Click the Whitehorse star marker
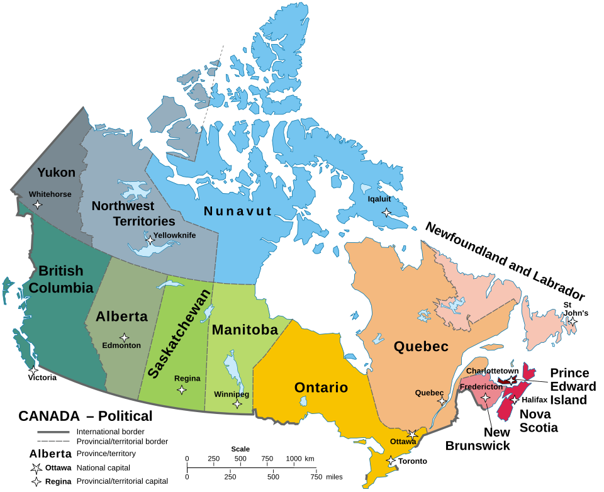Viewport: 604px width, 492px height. pyautogui.click(x=38, y=204)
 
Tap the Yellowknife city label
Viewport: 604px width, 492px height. pyautogui.click(x=174, y=235)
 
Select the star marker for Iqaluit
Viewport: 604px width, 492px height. pyautogui.click(x=386, y=213)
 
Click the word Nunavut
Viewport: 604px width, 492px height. pyautogui.click(x=238, y=211)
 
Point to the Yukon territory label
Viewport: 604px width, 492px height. pyautogui.click(x=56, y=172)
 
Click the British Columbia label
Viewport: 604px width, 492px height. pyautogui.click(x=61, y=279)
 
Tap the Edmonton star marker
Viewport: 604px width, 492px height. pyautogui.click(x=125, y=338)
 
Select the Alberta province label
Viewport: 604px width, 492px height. pyautogui.click(x=121, y=316)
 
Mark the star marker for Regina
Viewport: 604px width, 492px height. pyautogui.click(x=182, y=390)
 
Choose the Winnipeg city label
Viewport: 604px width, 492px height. pyautogui.click(x=232, y=394)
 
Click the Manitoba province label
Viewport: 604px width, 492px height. pyautogui.click(x=245, y=330)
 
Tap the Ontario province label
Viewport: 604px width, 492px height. pyautogui.click(x=321, y=388)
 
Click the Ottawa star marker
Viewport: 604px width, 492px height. pyautogui.click(x=412, y=434)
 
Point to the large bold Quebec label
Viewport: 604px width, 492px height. pyautogui.click(x=421, y=347)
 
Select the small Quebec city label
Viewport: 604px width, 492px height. pyautogui.click(x=429, y=393)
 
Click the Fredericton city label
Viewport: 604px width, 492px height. pyautogui.click(x=481, y=386)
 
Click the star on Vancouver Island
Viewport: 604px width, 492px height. pyautogui.click(x=33, y=370)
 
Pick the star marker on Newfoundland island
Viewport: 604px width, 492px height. pyautogui.click(x=572, y=322)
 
